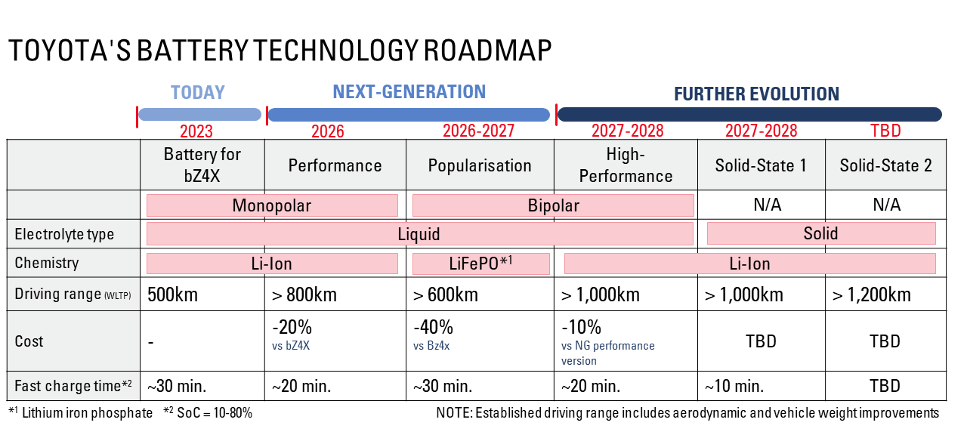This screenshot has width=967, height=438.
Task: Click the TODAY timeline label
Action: tap(198, 92)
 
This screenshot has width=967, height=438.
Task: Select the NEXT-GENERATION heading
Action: tap(409, 91)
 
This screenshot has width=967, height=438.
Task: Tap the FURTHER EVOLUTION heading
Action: tap(756, 94)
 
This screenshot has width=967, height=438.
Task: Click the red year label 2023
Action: tap(196, 131)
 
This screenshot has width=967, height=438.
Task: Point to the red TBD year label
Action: tap(885, 131)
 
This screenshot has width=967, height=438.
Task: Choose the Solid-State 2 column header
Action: tap(885, 165)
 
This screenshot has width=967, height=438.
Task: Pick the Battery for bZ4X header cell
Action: tap(202, 165)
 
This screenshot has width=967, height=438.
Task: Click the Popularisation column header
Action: tap(480, 165)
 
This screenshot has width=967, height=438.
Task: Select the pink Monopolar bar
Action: tap(272, 205)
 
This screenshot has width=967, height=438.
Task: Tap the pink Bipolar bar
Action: tap(553, 205)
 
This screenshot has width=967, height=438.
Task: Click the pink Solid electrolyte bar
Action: tap(820, 233)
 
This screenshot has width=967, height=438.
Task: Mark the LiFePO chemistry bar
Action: tap(480, 263)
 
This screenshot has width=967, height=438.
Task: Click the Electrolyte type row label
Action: tap(64, 234)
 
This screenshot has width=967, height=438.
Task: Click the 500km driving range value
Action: tap(172, 295)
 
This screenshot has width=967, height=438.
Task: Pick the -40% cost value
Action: tap(433, 328)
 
